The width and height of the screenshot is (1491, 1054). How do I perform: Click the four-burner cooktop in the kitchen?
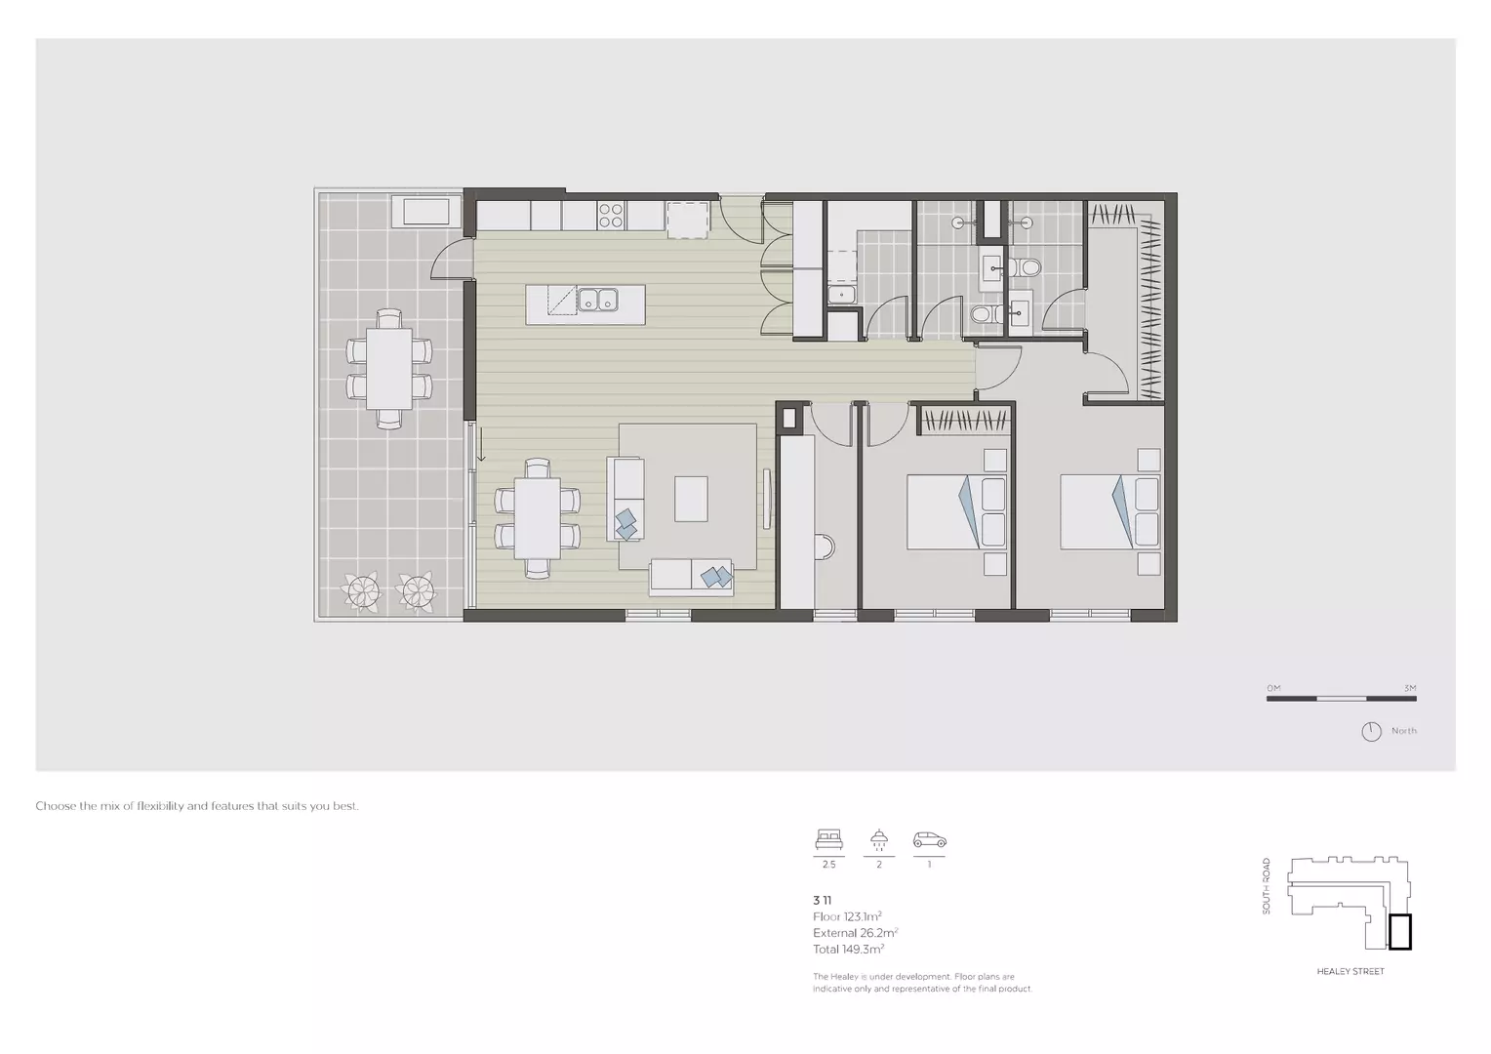click(611, 215)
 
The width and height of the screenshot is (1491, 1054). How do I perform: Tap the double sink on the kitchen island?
click(597, 300)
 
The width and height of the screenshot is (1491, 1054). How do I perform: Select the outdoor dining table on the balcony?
click(389, 368)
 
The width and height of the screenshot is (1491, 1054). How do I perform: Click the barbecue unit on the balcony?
click(422, 212)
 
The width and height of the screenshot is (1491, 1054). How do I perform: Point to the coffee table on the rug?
click(691, 498)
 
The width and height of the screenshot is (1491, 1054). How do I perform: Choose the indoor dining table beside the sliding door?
click(537, 518)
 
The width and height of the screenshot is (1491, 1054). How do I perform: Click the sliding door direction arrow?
click(481, 449)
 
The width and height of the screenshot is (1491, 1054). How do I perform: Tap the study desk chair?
click(826, 546)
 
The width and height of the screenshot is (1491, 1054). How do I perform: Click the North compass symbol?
click(1371, 731)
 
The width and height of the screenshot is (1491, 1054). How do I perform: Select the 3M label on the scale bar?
click(1409, 689)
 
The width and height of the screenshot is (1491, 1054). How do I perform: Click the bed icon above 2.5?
click(828, 839)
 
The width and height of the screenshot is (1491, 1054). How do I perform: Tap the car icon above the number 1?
click(929, 839)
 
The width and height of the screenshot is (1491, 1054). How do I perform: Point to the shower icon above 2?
click(879, 839)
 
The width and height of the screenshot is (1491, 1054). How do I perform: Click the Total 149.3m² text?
click(848, 949)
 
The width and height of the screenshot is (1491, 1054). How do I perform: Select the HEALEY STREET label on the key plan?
click(1350, 971)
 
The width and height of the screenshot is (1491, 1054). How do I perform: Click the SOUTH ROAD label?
click(1267, 885)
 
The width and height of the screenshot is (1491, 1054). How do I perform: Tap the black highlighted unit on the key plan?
click(1400, 932)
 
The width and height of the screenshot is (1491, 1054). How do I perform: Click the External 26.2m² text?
click(855, 933)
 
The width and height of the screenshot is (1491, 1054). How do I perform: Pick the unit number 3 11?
click(822, 901)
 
